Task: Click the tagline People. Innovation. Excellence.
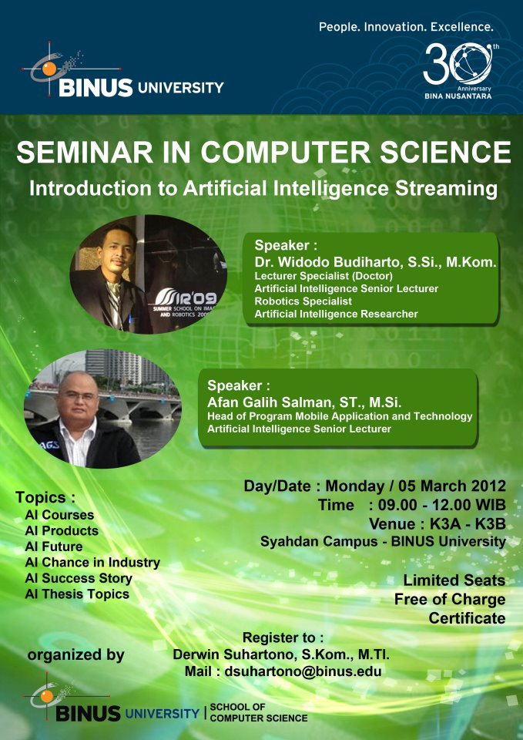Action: click(x=406, y=27)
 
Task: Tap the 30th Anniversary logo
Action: click(x=458, y=70)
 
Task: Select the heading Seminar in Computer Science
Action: click(x=263, y=152)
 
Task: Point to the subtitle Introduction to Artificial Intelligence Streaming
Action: click(x=263, y=189)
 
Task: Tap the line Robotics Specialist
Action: click(x=303, y=301)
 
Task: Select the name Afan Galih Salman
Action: click(x=281, y=402)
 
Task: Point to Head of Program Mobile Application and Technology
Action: click(x=340, y=416)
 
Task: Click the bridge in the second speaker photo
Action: click(x=104, y=402)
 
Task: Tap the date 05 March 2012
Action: click(x=452, y=486)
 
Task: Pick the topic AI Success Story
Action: click(x=79, y=578)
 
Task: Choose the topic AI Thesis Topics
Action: click(x=77, y=594)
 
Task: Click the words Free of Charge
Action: click(x=450, y=600)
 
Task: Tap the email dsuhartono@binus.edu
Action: click(x=303, y=671)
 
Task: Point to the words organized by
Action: click(x=76, y=655)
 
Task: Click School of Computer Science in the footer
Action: click(x=259, y=712)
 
